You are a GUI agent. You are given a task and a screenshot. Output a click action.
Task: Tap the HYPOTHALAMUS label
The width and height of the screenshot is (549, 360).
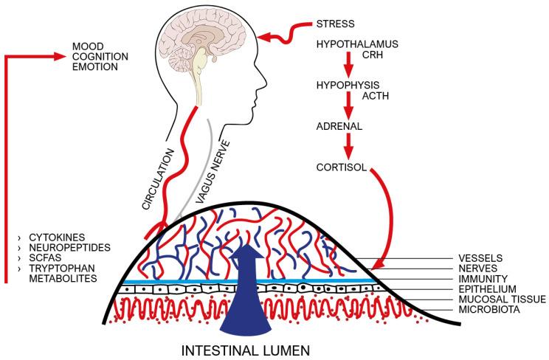356,45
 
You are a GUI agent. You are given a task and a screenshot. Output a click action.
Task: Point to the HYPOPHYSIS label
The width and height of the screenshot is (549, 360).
348,85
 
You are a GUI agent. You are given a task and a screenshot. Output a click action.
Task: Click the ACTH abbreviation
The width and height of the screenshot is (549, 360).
376,96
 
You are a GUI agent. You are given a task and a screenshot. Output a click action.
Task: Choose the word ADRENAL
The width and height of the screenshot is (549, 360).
339,126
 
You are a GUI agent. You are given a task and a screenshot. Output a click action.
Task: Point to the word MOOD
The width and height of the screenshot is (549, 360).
87,46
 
